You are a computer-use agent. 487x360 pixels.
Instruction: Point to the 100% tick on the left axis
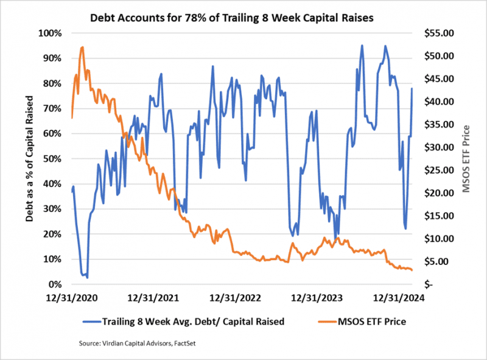49,33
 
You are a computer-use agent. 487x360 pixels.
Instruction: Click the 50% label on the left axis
51,158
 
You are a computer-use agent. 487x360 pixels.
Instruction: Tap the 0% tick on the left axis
53,284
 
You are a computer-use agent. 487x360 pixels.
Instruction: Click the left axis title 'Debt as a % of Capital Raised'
29,158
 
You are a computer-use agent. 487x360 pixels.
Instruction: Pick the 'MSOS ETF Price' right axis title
466,158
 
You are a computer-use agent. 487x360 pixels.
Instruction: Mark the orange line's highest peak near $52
82,47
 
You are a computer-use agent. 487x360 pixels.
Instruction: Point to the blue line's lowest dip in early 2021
87,277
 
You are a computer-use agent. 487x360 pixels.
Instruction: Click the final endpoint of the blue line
412,89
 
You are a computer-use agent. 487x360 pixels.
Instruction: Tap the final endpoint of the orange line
412,270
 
